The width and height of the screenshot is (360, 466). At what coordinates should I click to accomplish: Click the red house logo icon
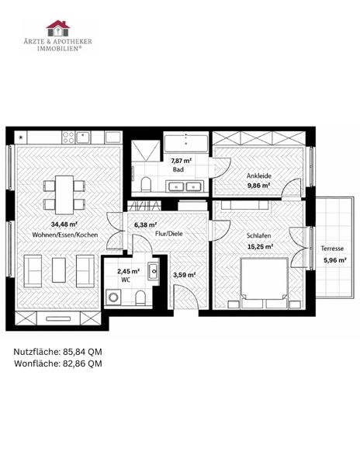tap(58, 29)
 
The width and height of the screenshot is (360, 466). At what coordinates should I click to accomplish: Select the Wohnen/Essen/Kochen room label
tap(65, 235)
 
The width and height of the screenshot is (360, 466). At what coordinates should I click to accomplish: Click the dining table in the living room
tap(64, 195)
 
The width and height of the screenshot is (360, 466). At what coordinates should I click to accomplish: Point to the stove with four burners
tap(68, 137)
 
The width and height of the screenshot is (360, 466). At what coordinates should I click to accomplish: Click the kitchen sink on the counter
tap(83, 137)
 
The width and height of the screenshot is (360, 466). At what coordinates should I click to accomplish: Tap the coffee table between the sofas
tap(59, 270)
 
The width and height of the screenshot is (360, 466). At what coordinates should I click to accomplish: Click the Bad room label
tap(178, 169)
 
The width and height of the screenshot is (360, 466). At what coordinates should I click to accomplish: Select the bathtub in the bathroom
tap(186, 144)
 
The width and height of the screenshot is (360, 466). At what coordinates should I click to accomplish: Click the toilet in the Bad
tap(146, 184)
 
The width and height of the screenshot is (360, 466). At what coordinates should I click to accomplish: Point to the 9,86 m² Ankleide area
tap(258, 186)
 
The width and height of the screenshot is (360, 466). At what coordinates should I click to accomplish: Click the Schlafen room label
tap(259, 235)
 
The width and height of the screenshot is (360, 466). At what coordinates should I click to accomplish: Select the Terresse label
tap(332, 249)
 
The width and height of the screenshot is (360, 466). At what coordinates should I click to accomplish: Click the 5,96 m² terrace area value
tap(335, 260)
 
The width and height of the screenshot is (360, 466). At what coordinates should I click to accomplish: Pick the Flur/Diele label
tap(169, 234)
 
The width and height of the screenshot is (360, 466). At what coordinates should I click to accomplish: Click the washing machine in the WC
tap(113, 297)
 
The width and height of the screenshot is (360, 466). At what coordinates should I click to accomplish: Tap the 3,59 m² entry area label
tap(184, 275)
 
